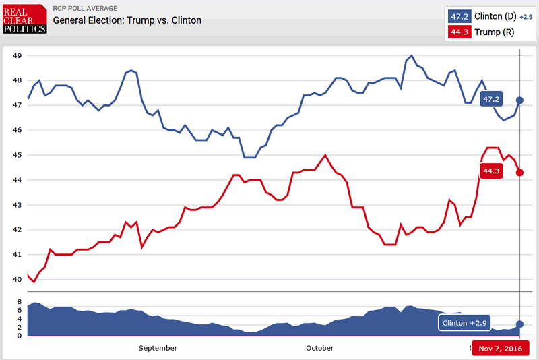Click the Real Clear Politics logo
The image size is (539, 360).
(x=24, y=19)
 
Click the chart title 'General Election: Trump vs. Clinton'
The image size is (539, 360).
(x=127, y=20)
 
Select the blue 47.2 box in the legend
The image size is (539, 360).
(x=459, y=16)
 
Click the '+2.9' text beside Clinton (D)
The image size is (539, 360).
(x=526, y=16)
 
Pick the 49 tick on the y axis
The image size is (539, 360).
(x=18, y=55)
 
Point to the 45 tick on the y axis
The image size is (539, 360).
(x=18, y=155)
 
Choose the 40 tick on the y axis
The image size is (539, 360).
(x=18, y=279)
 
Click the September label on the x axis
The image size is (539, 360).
(x=158, y=348)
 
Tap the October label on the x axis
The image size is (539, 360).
(x=319, y=348)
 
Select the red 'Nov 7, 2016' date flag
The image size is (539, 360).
(x=500, y=348)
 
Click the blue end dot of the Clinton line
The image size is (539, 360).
(x=519, y=100)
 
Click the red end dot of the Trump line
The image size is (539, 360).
(x=519, y=172)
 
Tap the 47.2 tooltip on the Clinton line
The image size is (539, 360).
(x=491, y=100)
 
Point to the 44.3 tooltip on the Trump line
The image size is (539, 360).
(x=491, y=171)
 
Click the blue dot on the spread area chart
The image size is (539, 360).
(x=519, y=324)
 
